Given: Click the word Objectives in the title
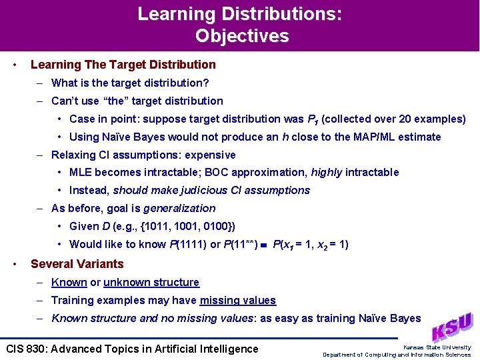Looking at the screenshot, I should (x=241, y=35).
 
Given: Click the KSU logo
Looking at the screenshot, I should (x=453, y=327).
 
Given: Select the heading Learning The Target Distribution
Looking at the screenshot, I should (x=123, y=65).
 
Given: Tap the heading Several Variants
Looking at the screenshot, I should (x=77, y=264).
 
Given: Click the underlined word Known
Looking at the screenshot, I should (x=69, y=282).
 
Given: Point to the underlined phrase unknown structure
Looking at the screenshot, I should (x=151, y=282).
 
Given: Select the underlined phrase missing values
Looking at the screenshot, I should (x=237, y=300).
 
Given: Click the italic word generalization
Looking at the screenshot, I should (x=179, y=208).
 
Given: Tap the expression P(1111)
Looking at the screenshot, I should (x=182, y=244).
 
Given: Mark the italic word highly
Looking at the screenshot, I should (x=326, y=172).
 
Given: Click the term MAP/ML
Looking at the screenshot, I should (x=367, y=137).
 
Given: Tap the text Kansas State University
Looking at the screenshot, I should (x=437, y=347).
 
